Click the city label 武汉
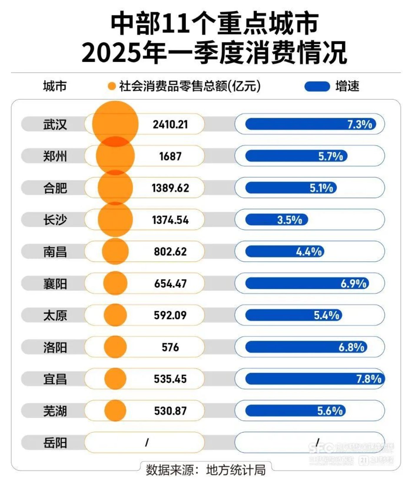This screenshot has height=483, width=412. [55, 124]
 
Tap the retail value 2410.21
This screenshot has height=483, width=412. [170, 124]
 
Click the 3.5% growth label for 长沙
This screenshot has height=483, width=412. [290, 220]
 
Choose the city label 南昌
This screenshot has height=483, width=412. [55, 252]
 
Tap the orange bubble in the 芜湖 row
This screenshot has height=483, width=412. [115, 410]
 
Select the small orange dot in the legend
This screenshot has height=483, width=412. [112, 86]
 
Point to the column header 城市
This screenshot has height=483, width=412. [55, 86]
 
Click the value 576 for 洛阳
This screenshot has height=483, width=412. [170, 347]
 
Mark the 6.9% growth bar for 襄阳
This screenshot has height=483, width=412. [307, 283]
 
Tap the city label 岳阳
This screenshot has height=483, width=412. [55, 443]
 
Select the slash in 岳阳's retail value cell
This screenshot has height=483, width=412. [147, 442]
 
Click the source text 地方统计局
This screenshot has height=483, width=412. [236, 470]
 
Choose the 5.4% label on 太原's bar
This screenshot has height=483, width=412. [326, 315]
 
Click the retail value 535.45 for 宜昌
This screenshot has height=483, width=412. [170, 379]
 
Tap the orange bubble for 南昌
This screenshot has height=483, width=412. [115, 252]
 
